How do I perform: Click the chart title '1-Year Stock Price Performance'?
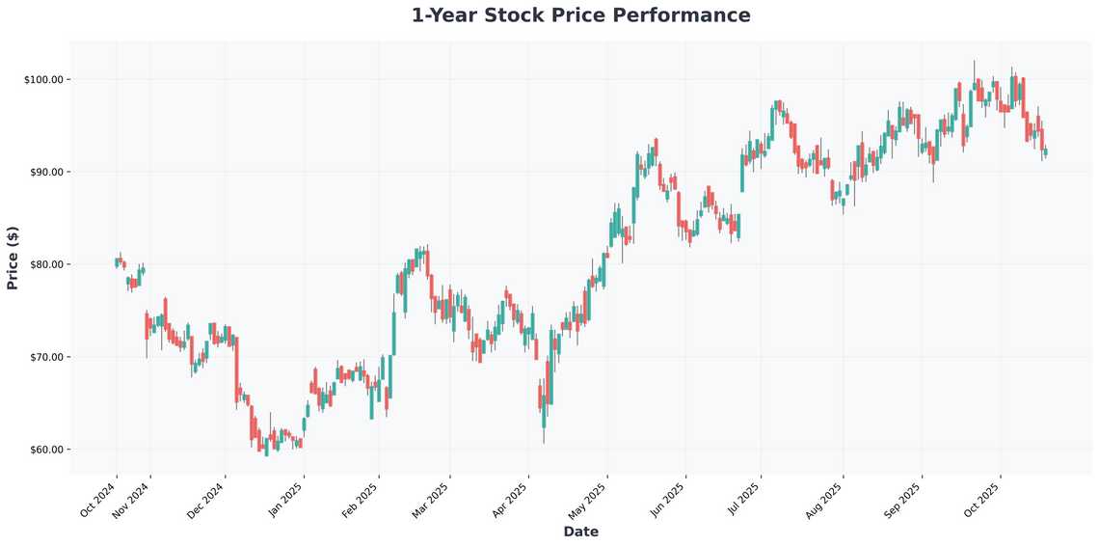[x=580, y=15]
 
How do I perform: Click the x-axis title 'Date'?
[x=580, y=532]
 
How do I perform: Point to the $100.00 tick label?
[x=42, y=79]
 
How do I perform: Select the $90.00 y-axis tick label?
[x=44, y=172]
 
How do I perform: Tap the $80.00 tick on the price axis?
[x=44, y=264]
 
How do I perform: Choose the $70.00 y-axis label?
[x=44, y=357]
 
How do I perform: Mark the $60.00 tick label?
[x=44, y=450]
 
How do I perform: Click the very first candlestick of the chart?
[x=117, y=262]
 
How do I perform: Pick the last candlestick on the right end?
[x=1045, y=151]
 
